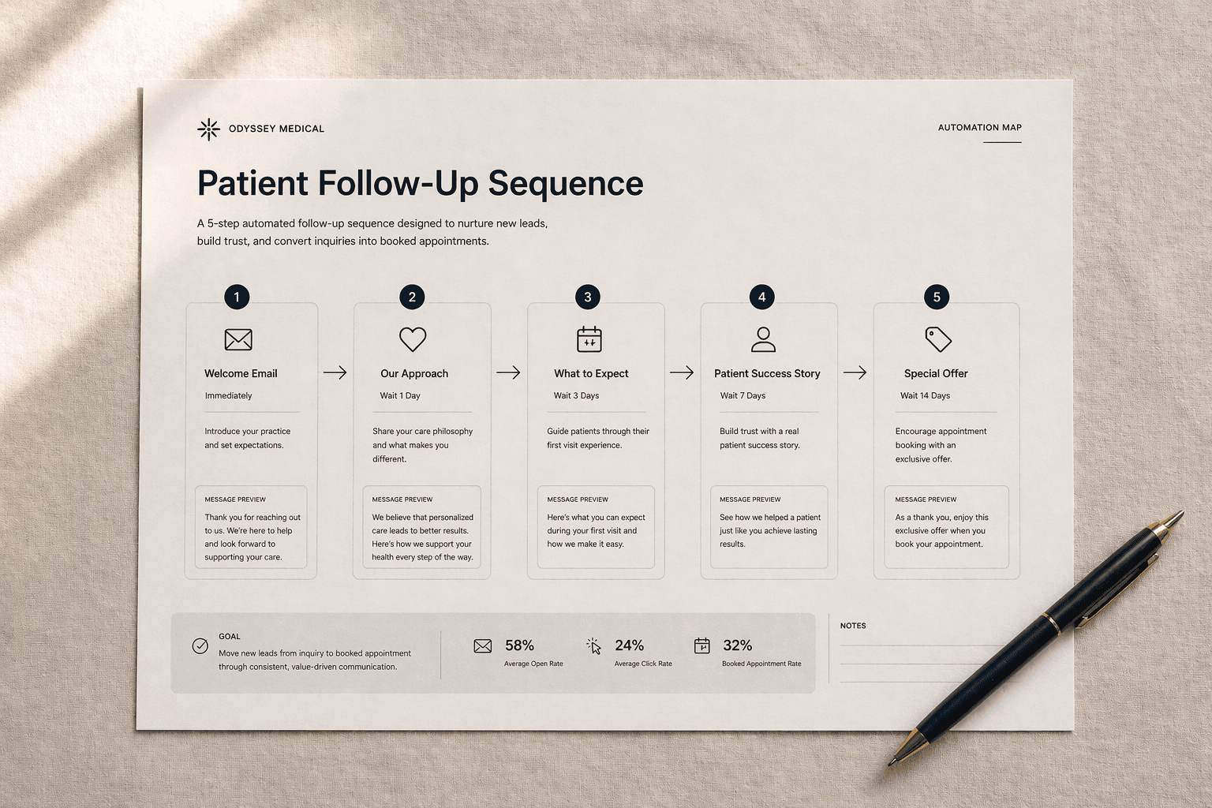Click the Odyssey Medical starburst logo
tap(208, 129)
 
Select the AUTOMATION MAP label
tap(979, 128)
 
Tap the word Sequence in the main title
tap(565, 184)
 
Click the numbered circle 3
tap(587, 297)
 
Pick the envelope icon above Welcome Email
tap(238, 339)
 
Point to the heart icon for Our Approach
tap(413, 339)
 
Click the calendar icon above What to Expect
tap(589, 339)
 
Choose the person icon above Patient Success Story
tap(763, 339)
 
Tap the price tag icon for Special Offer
tap(938, 339)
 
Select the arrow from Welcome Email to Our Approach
tap(335, 372)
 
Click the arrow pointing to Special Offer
tap(855, 372)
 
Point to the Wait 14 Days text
tap(925, 396)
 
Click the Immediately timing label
tap(229, 396)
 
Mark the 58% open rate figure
tap(519, 645)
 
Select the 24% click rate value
tap(629, 645)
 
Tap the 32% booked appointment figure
tap(737, 645)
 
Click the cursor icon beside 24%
tap(594, 646)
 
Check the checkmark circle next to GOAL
tap(200, 646)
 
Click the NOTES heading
tap(853, 626)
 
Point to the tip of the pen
tap(892, 763)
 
